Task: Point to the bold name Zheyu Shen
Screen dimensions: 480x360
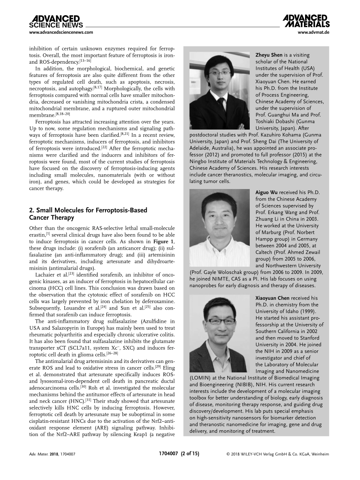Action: [269, 55]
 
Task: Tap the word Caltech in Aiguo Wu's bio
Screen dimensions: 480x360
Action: [265, 252]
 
